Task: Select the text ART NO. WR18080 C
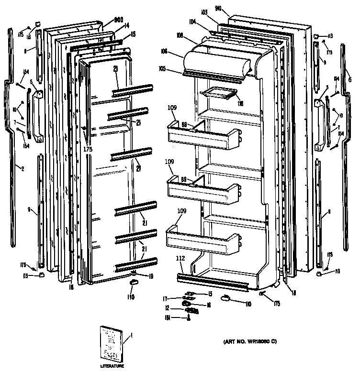(250, 341)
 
